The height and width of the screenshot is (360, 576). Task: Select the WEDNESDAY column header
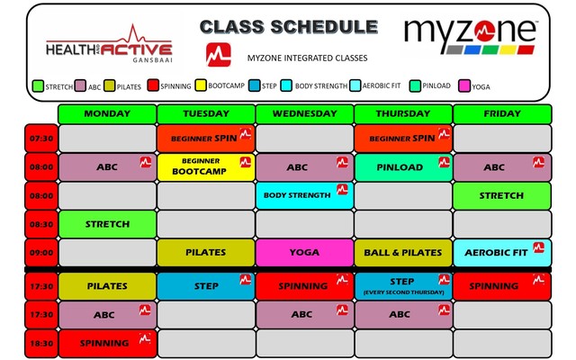(304, 114)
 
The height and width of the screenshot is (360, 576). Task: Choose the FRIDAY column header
(501, 114)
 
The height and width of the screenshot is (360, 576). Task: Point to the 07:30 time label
(40, 139)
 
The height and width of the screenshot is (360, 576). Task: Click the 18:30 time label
(40, 344)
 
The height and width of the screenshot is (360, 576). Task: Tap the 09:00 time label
(40, 253)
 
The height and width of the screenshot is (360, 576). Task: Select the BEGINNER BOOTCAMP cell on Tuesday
(205, 166)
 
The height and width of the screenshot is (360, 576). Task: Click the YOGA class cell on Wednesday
(304, 253)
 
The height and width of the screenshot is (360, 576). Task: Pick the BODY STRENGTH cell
(304, 195)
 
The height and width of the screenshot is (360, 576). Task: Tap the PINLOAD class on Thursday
(402, 166)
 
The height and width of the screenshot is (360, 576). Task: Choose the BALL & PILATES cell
(402, 253)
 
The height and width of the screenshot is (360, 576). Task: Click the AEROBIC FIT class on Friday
(501, 253)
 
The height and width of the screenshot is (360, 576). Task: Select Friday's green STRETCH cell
(501, 195)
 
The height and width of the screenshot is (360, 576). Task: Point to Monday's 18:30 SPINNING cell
(106, 344)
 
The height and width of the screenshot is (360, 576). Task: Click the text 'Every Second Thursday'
(402, 292)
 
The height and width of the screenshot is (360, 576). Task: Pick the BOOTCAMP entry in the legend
(216, 86)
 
